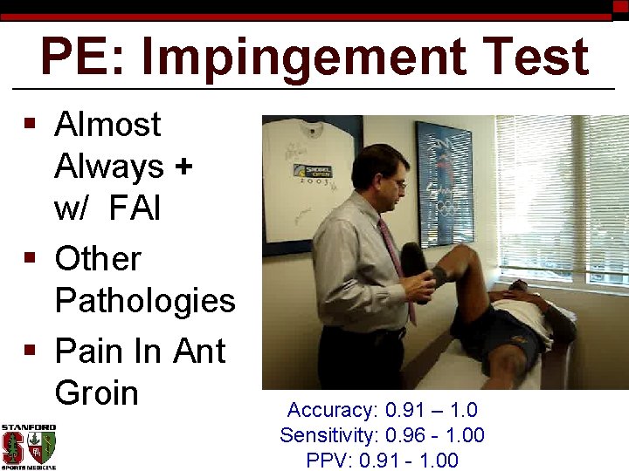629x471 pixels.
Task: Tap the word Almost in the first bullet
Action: (x=107, y=125)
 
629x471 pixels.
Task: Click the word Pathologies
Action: (x=145, y=301)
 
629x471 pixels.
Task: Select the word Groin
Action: (x=96, y=393)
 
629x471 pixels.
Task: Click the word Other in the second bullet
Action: (x=97, y=259)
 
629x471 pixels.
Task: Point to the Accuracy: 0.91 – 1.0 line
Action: (x=382, y=411)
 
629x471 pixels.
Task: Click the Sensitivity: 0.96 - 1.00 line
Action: (x=382, y=435)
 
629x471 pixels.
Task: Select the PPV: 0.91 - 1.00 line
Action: (x=382, y=460)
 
